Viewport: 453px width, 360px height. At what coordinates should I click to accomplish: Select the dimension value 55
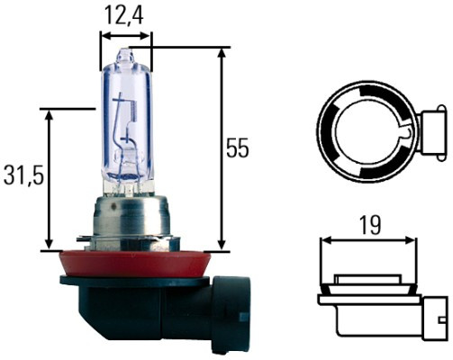click(x=237, y=148)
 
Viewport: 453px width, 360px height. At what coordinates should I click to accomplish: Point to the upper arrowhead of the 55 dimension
click(x=221, y=53)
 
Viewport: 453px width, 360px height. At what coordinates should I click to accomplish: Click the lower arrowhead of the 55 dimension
click(x=221, y=246)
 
